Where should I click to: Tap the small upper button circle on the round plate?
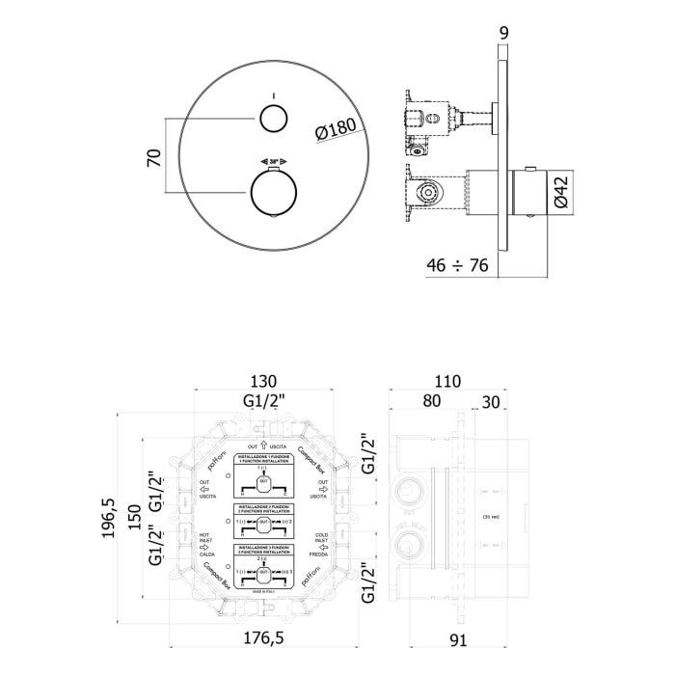[x=273, y=119]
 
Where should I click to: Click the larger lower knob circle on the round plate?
[x=274, y=190]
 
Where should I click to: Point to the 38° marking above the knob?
[x=273, y=161]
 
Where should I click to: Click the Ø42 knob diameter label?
[x=564, y=190]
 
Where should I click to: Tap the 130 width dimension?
[x=259, y=380]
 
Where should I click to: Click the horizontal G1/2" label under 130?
[x=259, y=399]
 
